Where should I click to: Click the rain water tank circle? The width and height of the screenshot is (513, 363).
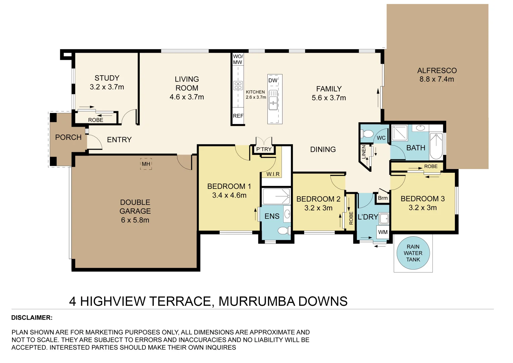pos(413,253)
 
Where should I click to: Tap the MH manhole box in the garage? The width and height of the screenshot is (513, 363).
pos(146,164)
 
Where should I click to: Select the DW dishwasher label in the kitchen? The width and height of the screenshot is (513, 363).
pos(273,80)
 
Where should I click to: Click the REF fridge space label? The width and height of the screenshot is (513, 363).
pos(238,116)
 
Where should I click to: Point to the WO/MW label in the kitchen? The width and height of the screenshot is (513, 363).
pos(238,59)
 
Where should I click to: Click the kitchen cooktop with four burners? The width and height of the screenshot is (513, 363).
pos(238,85)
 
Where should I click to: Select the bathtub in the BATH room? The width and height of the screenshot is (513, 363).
pos(436,146)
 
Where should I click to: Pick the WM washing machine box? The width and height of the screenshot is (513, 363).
pos(383,232)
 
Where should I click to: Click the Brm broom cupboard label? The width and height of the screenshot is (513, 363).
pos(383,198)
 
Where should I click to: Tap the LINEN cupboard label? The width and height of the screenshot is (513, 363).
pos(364,152)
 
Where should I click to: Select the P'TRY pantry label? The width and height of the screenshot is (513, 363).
pos(264,149)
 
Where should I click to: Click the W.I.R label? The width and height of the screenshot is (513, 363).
pos(273,174)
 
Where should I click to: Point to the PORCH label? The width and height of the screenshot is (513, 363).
pos(68,137)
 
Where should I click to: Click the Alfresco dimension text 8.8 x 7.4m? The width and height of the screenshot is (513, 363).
pos(436,79)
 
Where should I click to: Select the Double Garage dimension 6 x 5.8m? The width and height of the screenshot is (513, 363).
pos(135,220)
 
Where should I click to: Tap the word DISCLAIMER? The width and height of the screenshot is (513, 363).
pos(32,318)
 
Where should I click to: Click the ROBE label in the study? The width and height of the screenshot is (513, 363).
pos(96,120)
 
